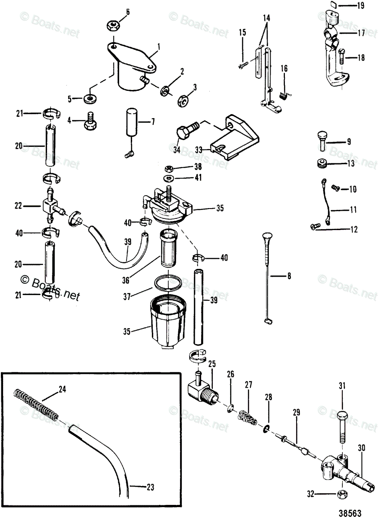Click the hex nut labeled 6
[x=111, y=26]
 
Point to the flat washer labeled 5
[x=90, y=99]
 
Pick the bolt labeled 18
[x=341, y=56]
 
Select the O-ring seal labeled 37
[x=168, y=284]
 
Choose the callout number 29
[x=296, y=412]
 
